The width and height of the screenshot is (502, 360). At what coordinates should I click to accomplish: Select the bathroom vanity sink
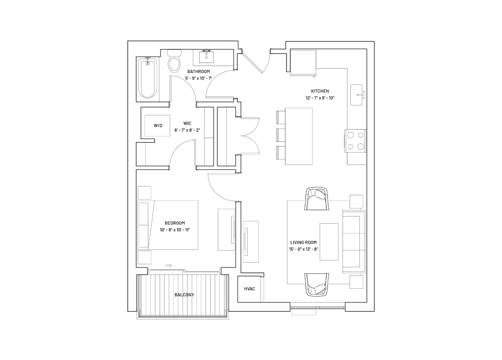[x=206, y=57]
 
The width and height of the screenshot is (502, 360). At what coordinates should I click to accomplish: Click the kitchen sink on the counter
[x=356, y=95]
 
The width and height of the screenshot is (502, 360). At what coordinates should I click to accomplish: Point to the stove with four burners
[x=356, y=141]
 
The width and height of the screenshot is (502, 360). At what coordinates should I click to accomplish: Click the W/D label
[x=158, y=126]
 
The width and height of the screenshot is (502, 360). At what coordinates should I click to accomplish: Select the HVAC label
[x=249, y=289]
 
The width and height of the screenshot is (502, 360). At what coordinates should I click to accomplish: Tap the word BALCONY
[x=184, y=295]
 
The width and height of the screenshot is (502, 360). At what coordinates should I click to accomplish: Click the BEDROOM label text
[x=175, y=223]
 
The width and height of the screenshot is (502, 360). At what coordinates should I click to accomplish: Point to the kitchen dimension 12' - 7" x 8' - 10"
[x=320, y=98]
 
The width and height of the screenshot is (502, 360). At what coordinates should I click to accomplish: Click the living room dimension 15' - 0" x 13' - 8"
[x=304, y=249]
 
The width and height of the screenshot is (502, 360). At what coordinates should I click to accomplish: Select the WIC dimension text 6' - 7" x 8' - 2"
[x=187, y=130]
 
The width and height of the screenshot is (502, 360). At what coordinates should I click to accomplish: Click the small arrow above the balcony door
[x=169, y=266]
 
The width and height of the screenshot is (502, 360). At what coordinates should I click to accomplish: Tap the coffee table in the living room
[x=329, y=242]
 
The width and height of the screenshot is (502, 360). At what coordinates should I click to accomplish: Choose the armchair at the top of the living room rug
[x=316, y=199]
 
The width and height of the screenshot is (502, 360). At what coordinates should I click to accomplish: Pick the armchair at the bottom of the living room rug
[x=316, y=285]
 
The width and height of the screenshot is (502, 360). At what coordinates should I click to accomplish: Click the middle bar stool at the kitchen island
[x=281, y=135]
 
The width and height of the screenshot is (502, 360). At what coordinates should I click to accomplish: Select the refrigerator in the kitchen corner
[x=303, y=63]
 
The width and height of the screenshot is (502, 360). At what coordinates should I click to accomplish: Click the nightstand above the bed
[x=144, y=193]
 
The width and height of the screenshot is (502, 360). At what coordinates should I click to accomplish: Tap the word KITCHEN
[x=320, y=91]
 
